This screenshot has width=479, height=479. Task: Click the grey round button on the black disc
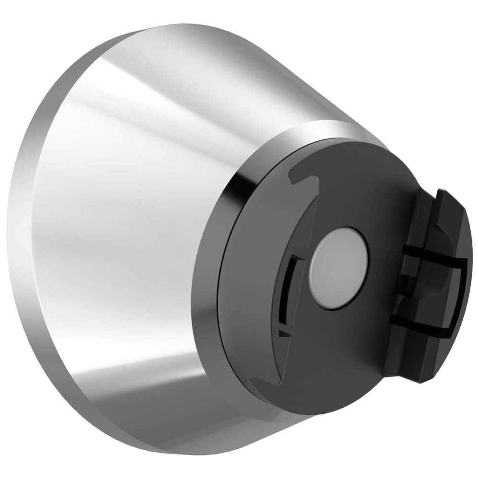[339, 268]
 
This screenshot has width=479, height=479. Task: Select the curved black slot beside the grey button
[286, 292]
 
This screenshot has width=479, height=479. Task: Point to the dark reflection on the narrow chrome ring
[237, 192]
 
